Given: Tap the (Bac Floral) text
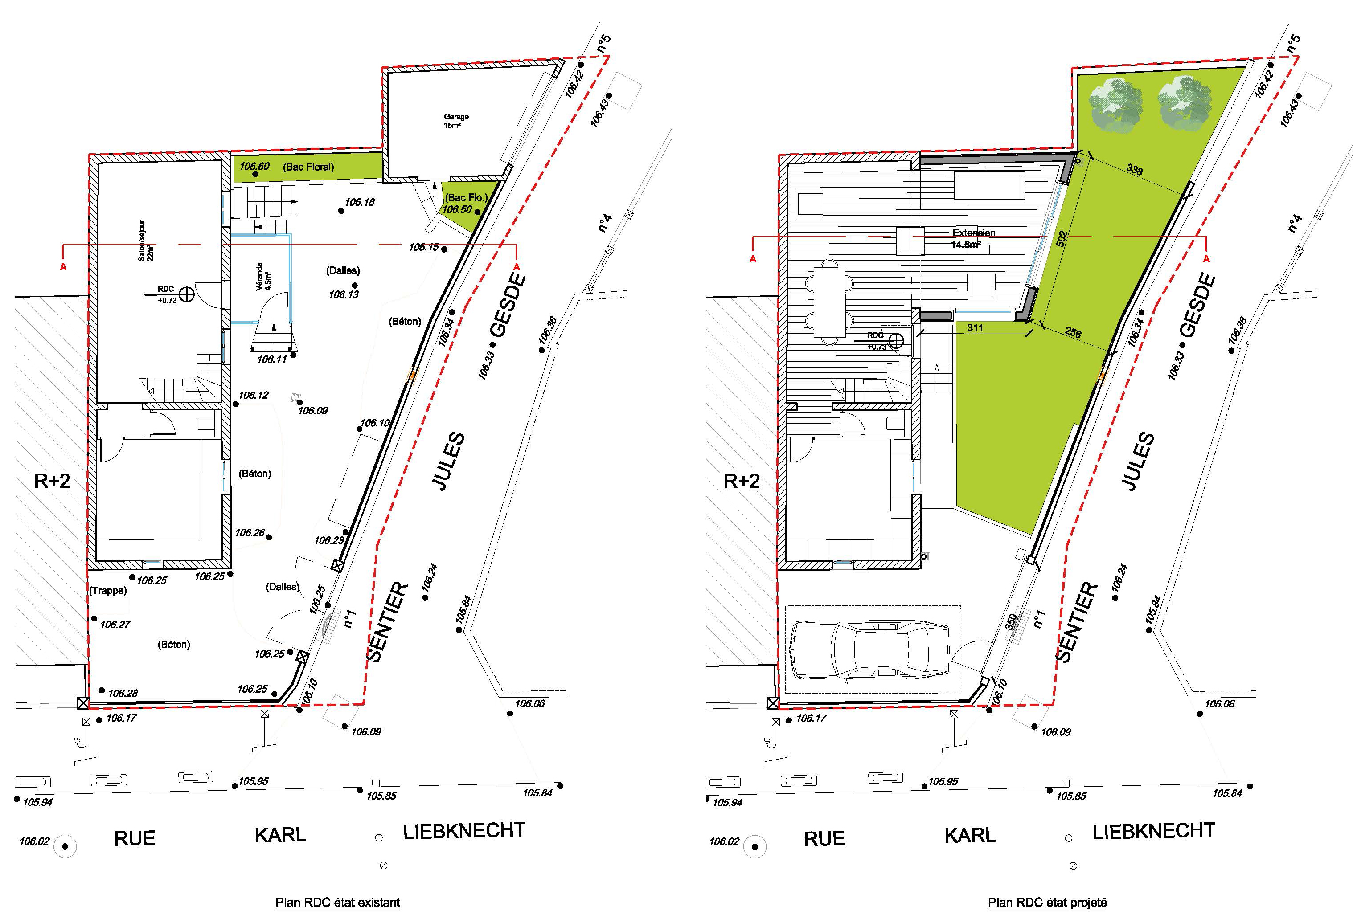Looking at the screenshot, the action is click(308, 167).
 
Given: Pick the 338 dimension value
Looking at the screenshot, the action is click(1134, 169).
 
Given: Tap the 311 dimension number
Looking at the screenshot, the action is click(975, 328).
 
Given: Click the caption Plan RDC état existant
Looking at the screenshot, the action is click(338, 903).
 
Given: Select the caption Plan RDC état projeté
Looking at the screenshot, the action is click(1047, 903).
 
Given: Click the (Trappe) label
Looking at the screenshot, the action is click(108, 591).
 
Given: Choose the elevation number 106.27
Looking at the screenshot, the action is click(115, 625).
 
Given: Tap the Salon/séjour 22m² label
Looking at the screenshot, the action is click(147, 241).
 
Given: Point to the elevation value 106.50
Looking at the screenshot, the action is click(457, 209).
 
